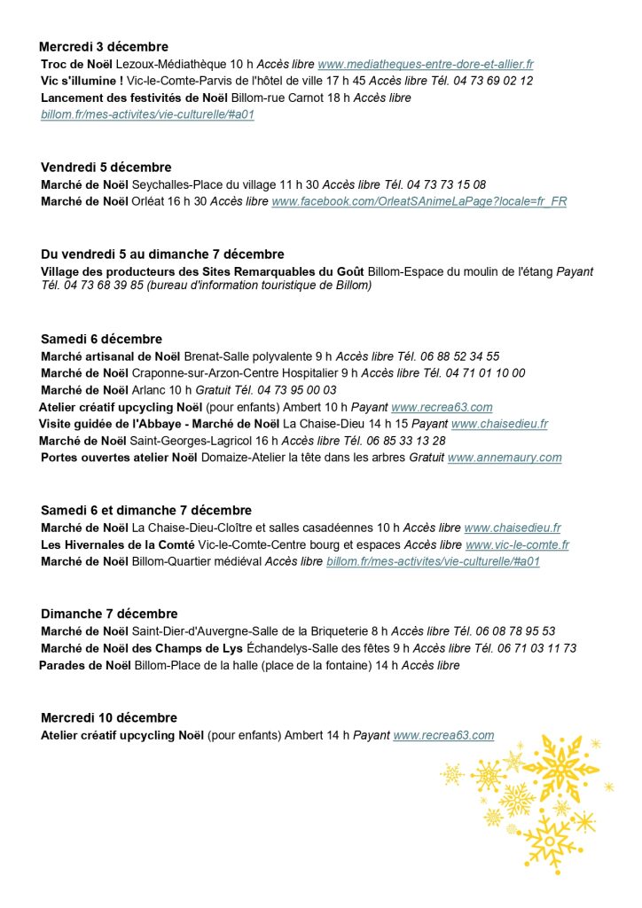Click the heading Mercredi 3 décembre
(104, 47)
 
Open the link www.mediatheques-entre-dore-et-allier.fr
(426, 64)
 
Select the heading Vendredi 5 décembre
(106, 168)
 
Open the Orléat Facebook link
(419, 201)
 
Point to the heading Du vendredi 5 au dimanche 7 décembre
(162, 254)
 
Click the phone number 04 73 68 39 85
(103, 286)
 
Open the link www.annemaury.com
(505, 458)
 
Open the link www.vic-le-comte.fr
(517, 544)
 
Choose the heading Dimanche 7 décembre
(109, 614)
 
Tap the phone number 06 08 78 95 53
(515, 631)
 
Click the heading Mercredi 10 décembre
(109, 717)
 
